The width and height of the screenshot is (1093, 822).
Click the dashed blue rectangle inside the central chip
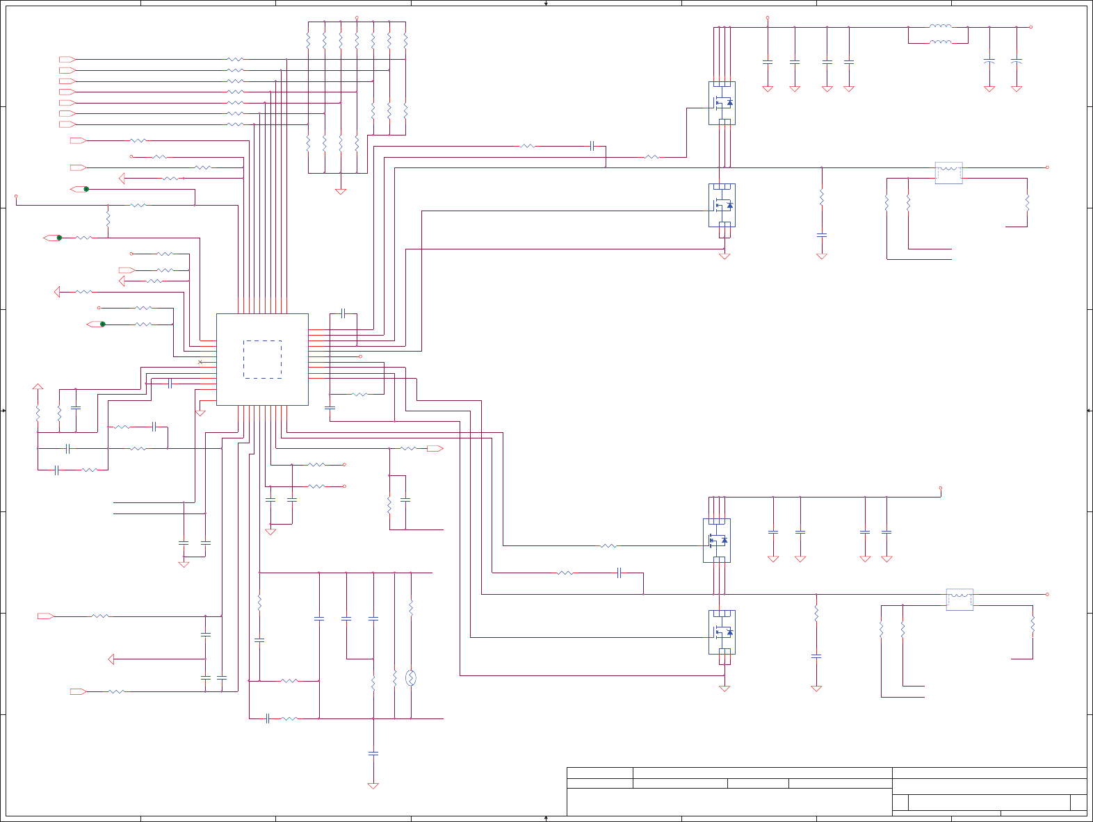click(x=262, y=359)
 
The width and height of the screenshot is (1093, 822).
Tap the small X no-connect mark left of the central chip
click(x=200, y=362)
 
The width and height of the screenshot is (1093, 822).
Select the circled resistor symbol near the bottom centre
click(x=410, y=677)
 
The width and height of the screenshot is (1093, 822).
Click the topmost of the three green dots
click(x=86, y=189)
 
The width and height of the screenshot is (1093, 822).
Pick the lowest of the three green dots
click(x=103, y=324)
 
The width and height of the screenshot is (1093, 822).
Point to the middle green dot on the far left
click(x=59, y=238)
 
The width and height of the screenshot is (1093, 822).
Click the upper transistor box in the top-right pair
click(x=722, y=103)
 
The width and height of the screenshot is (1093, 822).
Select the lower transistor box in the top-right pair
click(x=722, y=205)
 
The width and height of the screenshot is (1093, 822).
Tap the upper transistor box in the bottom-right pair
click(x=717, y=540)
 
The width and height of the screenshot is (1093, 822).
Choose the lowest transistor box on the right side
click(x=722, y=632)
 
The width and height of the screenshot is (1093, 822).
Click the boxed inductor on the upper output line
click(x=948, y=172)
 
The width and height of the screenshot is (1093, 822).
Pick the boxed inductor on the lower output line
click(x=960, y=599)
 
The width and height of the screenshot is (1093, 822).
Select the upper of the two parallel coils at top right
click(x=940, y=26)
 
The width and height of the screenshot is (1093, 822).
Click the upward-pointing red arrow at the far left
click(x=38, y=386)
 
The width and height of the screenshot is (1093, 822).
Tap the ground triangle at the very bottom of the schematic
click(x=373, y=786)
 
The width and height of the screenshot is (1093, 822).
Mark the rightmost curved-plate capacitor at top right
click(x=1016, y=62)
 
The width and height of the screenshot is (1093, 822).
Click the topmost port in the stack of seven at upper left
click(x=67, y=60)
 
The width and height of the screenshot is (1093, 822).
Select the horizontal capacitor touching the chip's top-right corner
click(x=343, y=313)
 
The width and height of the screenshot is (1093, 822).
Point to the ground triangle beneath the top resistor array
click(x=341, y=191)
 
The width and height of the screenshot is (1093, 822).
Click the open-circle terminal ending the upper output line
click(x=1047, y=167)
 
